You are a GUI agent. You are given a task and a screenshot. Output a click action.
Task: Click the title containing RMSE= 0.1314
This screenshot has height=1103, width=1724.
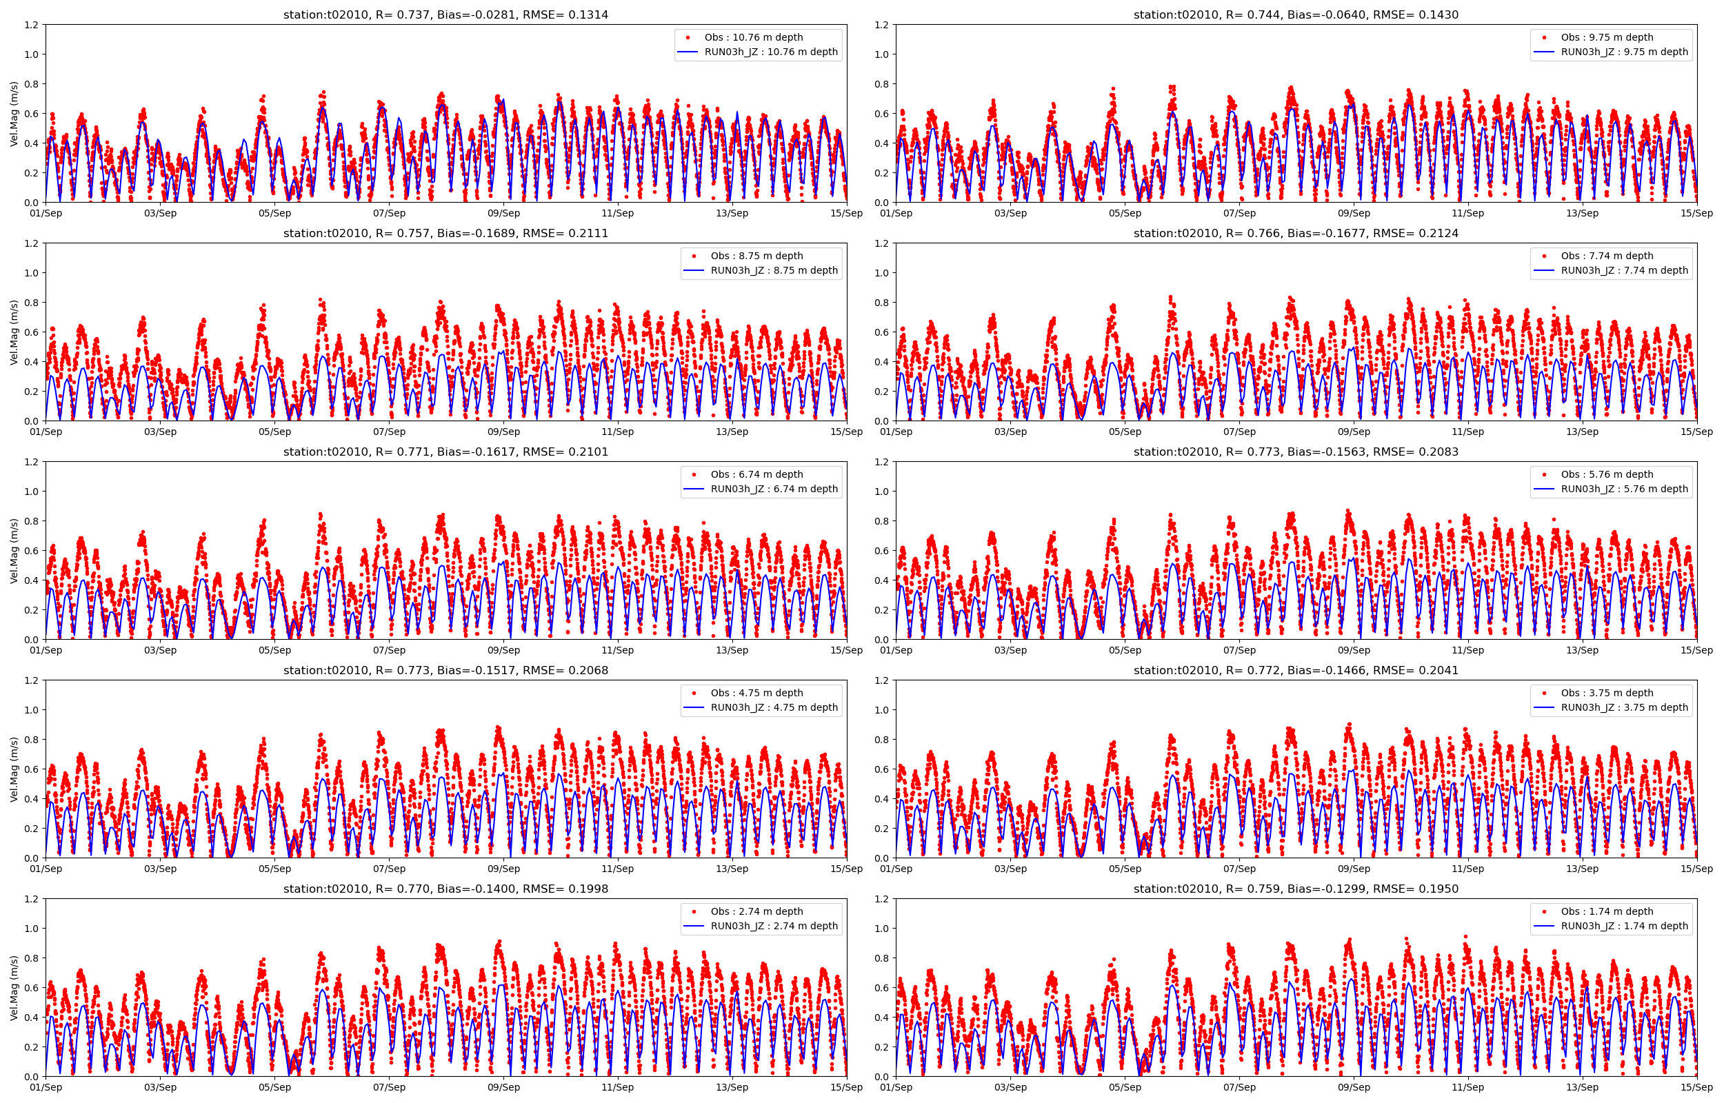coord(445,14)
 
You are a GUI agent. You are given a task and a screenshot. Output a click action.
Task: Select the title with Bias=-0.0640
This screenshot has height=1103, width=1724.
coord(1296,14)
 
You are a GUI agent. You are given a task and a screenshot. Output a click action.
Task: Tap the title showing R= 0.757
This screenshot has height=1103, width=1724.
coord(445,233)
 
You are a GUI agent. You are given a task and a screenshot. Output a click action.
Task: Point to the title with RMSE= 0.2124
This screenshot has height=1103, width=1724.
coord(1296,233)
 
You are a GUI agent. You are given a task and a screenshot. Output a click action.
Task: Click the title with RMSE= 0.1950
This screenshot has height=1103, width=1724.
coord(1296,889)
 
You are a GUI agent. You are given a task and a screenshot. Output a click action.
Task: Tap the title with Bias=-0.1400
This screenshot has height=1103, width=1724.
coord(445,889)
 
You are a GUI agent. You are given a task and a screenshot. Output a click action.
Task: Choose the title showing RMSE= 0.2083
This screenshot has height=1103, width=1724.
coord(1296,452)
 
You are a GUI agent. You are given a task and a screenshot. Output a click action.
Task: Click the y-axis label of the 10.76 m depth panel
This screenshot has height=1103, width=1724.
coord(14,113)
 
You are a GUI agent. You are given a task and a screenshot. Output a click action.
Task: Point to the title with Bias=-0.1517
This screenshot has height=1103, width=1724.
coord(445,670)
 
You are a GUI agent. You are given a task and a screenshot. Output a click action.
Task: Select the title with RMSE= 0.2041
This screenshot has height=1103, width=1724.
coord(1296,670)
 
